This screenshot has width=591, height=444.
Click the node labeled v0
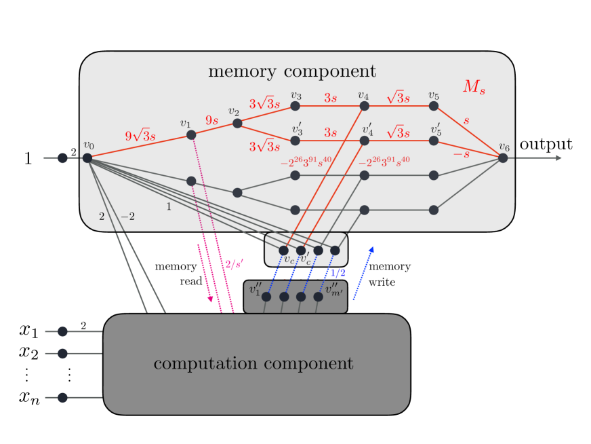[87, 158]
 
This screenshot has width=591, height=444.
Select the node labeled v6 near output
[503, 158]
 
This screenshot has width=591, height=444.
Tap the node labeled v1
[191, 135]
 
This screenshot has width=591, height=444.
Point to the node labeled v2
[237, 123]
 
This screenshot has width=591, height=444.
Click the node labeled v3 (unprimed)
[295, 106]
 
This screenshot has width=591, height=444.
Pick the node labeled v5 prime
[434, 141]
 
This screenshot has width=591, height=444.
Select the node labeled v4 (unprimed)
[365, 106]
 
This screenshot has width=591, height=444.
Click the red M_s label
[474, 87]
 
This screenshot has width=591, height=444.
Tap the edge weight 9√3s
[140, 135]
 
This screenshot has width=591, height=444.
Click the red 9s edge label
[212, 120]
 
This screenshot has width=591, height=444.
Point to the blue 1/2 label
[338, 273]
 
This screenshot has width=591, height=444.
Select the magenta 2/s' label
[234, 264]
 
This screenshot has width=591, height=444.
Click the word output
[546, 144]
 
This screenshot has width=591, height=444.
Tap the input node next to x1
[62, 331]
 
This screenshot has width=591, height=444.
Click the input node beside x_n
[62, 398]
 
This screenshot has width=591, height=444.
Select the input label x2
[28, 352]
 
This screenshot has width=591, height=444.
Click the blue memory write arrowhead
[371, 249]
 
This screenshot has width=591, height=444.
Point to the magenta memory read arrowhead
[210, 299]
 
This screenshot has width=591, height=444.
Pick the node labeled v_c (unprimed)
[283, 251]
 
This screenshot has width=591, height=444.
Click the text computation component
[253, 363]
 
